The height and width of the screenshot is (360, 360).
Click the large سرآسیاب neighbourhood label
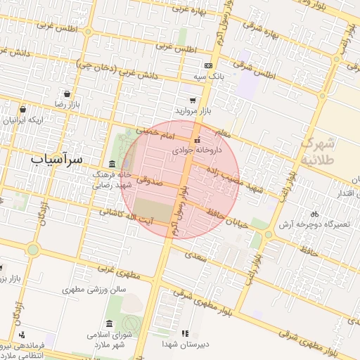pos(57,160)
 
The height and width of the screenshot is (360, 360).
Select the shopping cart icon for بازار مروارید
pos(193,101)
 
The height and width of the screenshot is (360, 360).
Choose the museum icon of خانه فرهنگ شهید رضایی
pos(112,163)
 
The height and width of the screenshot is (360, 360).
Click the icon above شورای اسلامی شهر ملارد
pos(108,323)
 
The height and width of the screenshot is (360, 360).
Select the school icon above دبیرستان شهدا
pos(185,333)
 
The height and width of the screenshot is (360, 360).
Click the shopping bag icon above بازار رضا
pos(67,94)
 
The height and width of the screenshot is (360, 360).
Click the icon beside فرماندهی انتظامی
pos(22,335)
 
